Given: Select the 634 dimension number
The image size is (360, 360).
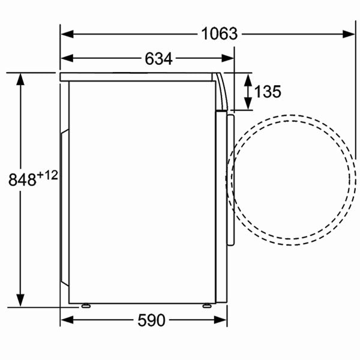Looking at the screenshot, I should [158, 58].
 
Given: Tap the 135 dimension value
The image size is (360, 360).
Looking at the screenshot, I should [268, 92].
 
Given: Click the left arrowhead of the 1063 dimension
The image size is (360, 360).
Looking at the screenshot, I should [65, 34].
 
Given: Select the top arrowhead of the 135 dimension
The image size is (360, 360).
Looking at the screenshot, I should [248, 78].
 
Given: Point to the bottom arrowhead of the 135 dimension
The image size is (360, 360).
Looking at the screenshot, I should [248, 106].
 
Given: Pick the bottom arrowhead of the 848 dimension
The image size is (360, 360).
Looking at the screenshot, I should [22, 302].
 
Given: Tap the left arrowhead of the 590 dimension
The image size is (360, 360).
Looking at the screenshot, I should [65, 320].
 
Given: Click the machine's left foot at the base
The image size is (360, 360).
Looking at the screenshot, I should [85, 306].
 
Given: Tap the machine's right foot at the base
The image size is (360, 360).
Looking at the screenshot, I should [207, 306].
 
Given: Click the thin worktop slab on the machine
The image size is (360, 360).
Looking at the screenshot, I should [138, 76].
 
